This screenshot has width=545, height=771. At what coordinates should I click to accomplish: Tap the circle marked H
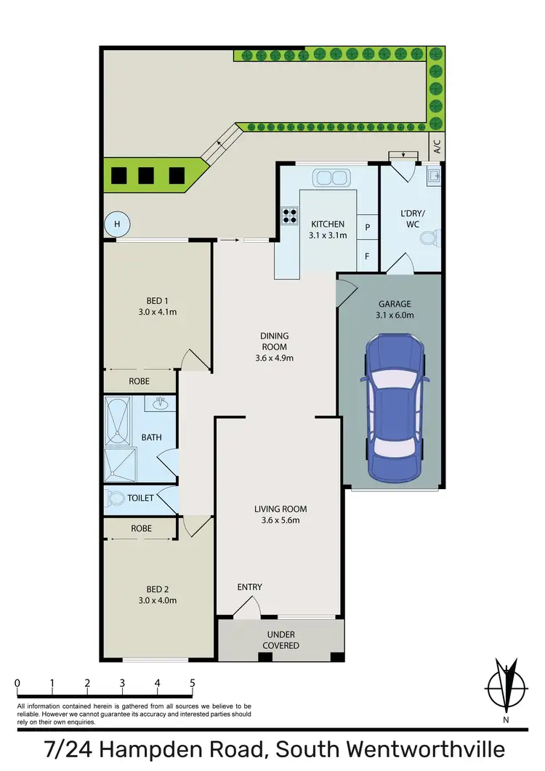[116, 225]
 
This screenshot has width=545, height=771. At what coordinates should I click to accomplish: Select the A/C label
[437, 147]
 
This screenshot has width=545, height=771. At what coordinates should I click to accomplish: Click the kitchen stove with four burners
[289, 215]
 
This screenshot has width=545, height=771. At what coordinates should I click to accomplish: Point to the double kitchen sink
[331, 177]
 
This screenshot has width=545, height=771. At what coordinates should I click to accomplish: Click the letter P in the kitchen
[368, 227]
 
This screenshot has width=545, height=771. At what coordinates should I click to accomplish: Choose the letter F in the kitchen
[368, 256]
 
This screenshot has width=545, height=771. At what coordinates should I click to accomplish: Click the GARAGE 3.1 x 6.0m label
[395, 310]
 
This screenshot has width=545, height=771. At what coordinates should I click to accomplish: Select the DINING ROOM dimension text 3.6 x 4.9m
[275, 358]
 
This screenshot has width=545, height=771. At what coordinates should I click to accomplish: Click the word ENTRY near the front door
[249, 587]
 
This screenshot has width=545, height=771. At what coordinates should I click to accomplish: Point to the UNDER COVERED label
[280, 640]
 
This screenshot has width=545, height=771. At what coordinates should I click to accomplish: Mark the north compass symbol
[504, 687]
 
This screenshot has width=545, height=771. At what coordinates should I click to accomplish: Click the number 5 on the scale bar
[192, 683]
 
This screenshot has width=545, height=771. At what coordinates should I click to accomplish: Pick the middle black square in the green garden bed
[146, 175]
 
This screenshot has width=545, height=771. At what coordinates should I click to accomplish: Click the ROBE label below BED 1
[140, 380]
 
